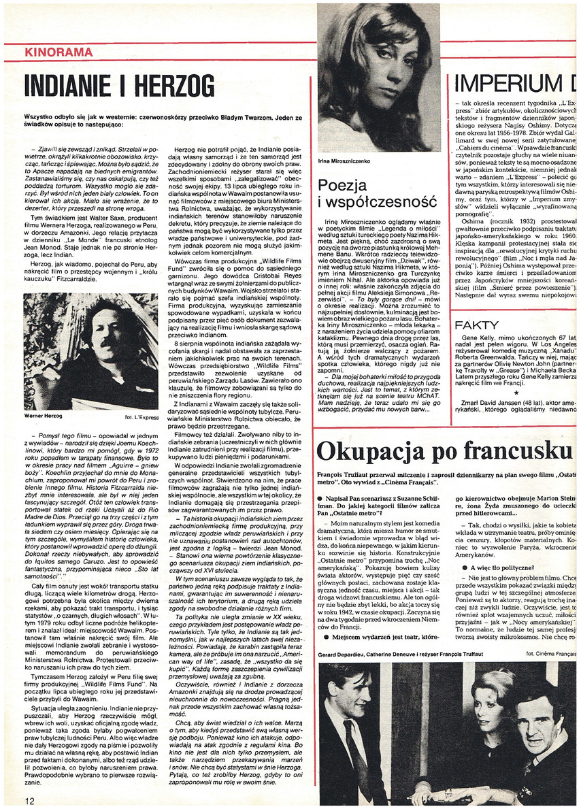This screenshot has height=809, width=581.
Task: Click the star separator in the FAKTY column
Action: pos(514,393)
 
